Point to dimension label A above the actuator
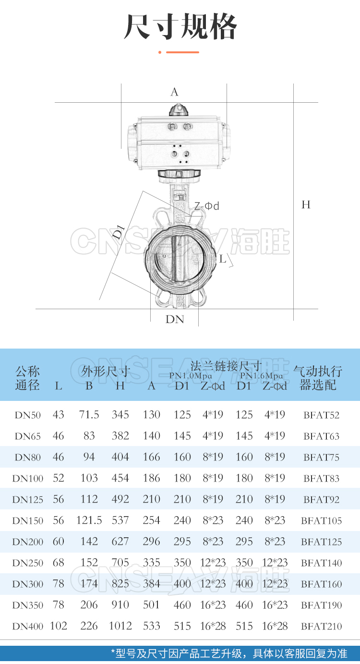174,92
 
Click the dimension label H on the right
306,205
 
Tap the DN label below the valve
175,319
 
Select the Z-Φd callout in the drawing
206,206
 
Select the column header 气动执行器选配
318,378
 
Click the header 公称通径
27,378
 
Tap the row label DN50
27,415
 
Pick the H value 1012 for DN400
120,626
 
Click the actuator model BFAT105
321,521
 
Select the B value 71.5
89,415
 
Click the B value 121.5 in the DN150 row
89,520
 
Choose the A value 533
151,626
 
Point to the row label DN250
27,563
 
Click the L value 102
59,626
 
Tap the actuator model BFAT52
321,415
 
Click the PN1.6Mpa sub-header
262,375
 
